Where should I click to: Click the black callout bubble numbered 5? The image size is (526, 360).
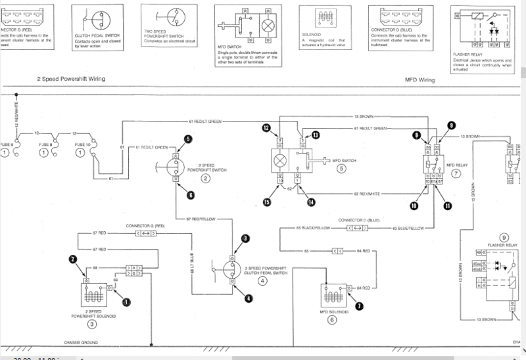188,139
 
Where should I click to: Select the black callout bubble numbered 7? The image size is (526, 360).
359,305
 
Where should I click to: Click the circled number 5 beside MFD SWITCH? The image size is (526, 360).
341,168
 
